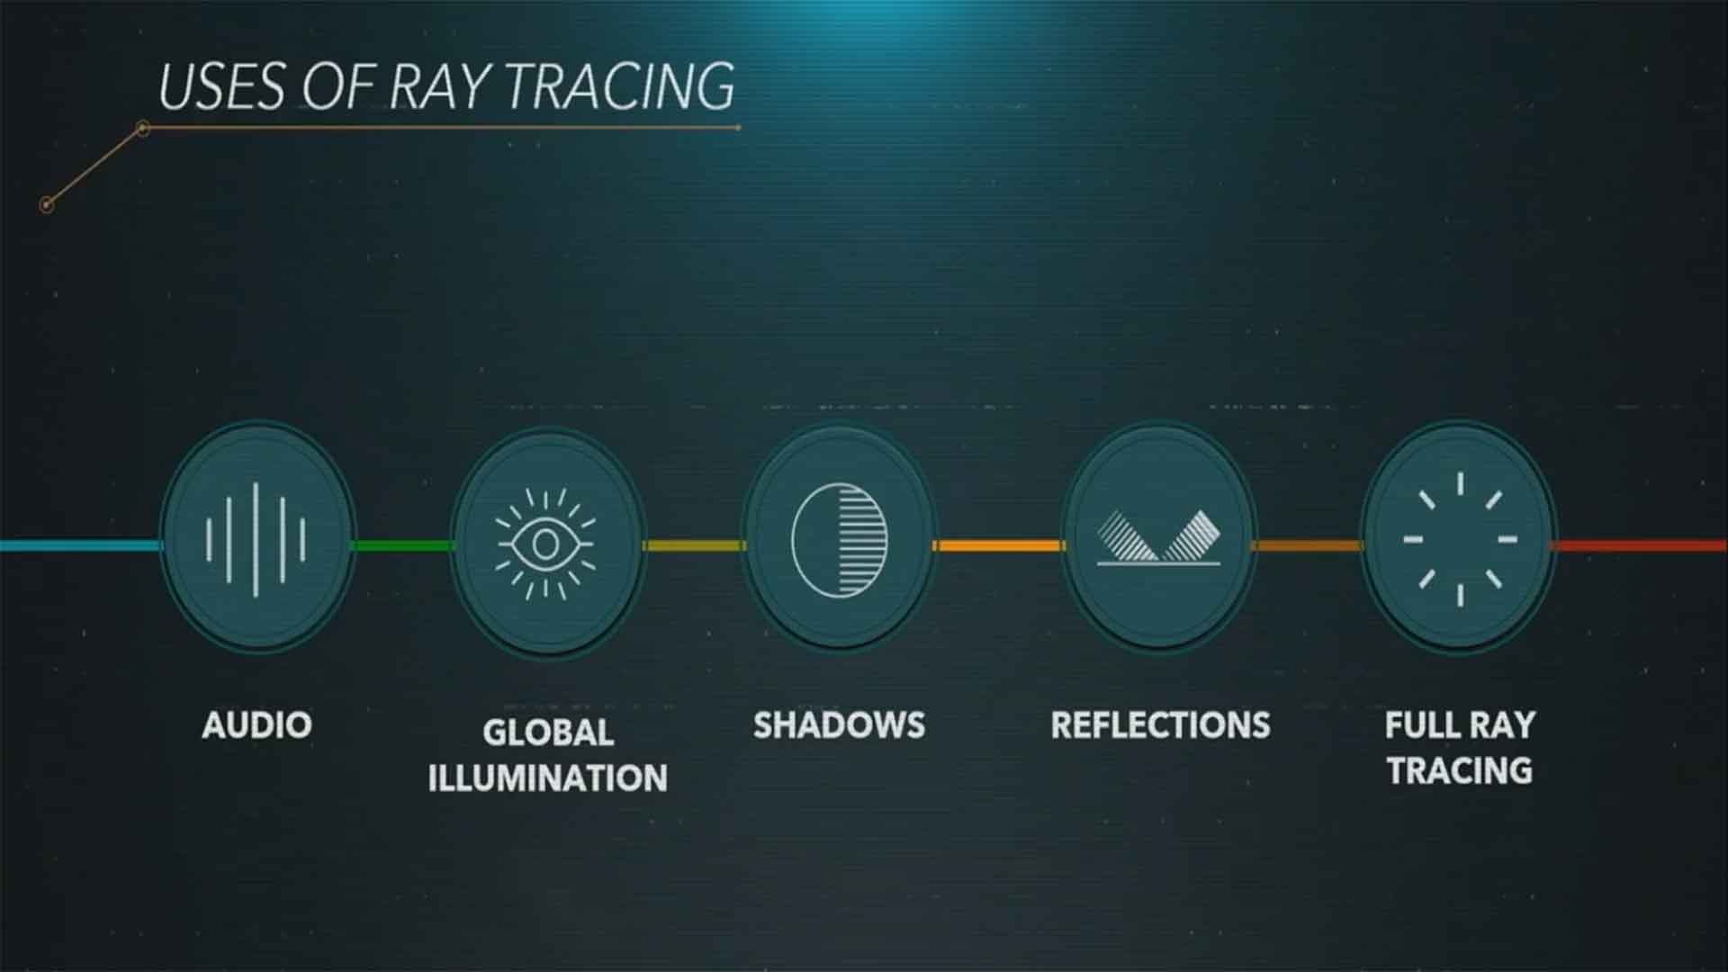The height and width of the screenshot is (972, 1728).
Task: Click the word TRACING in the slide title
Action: pyautogui.click(x=618, y=86)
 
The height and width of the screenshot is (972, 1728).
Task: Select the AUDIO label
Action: pyautogui.click(x=256, y=725)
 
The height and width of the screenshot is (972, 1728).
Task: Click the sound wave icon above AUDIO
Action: pyautogui.click(x=256, y=539)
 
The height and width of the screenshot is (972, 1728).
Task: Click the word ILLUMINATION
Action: pyautogui.click(x=547, y=778)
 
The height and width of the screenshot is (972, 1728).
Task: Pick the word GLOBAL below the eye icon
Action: pyautogui.click(x=548, y=733)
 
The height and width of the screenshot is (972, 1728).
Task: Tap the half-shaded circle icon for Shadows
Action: pyautogui.click(x=839, y=540)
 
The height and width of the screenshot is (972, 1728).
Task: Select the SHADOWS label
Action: pyautogui.click(x=839, y=725)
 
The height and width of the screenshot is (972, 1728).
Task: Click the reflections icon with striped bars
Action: pyautogui.click(x=1159, y=538)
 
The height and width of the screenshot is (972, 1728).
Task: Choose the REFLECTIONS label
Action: pyautogui.click(x=1160, y=725)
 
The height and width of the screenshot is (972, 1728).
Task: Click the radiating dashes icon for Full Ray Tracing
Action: pyautogui.click(x=1460, y=539)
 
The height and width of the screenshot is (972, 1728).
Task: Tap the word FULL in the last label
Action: pyautogui.click(x=1422, y=725)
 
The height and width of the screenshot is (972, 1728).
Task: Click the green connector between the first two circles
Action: pyautogui.click(x=402, y=545)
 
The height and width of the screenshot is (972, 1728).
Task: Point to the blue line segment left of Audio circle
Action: pyautogui.click(x=80, y=545)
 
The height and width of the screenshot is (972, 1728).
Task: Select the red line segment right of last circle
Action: pyautogui.click(x=1640, y=545)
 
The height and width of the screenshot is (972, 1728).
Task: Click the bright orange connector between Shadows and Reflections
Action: pyautogui.click(x=999, y=545)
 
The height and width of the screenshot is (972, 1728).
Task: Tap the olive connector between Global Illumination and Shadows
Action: pyautogui.click(x=693, y=545)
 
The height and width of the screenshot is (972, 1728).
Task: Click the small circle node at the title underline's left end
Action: pyautogui.click(x=142, y=129)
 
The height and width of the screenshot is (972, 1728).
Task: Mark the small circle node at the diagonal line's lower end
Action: pyautogui.click(x=47, y=205)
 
